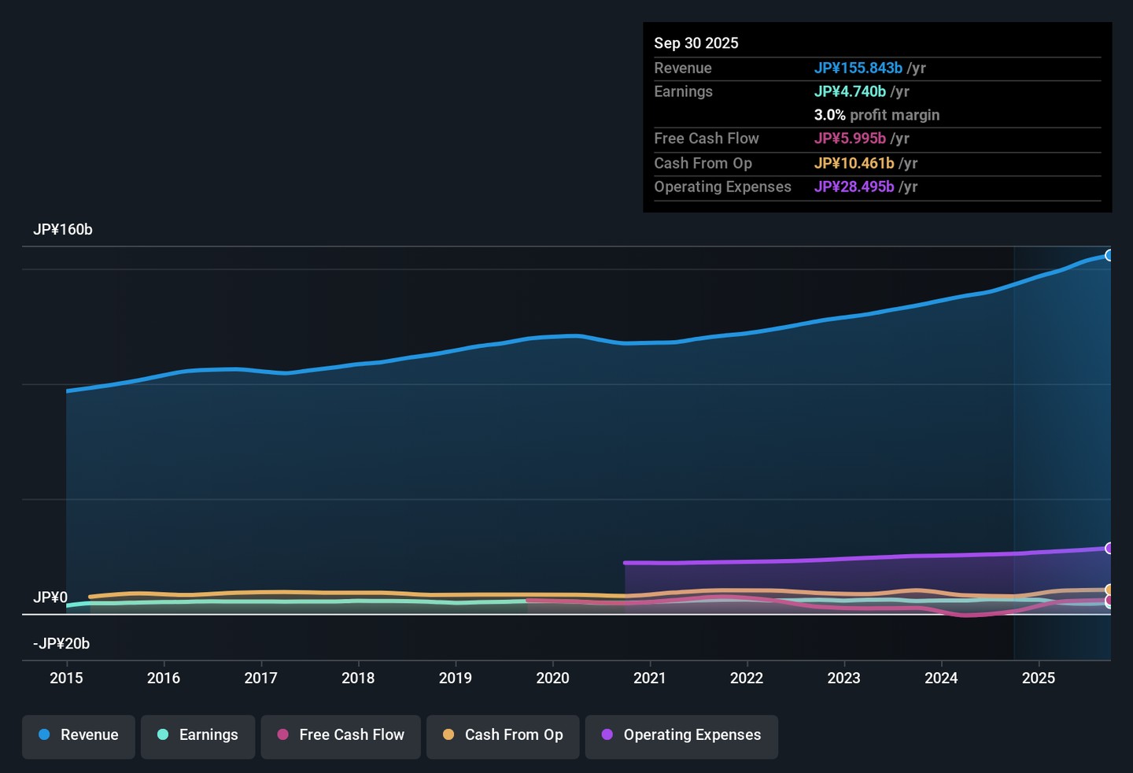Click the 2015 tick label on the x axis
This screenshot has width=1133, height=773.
pos(66,678)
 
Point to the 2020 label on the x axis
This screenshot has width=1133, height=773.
pos(553,678)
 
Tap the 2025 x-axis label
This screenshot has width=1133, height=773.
pos(1039,678)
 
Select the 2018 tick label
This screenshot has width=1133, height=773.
pos(358,678)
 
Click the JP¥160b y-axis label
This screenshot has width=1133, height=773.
pos(63,230)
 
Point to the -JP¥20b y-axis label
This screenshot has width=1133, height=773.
pos(61,643)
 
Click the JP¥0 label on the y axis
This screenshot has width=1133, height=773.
pos(50,597)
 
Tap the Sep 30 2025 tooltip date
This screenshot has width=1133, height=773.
pos(696,43)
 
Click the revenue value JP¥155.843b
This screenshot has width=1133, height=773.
pos(858,68)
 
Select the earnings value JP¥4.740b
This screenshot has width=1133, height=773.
pos(850,91)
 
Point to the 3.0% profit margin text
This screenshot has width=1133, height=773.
pos(877,116)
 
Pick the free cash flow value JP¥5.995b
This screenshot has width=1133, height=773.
pos(850,138)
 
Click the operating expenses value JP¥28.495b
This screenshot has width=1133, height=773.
pos(854,187)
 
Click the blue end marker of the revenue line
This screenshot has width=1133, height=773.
pos(1108,256)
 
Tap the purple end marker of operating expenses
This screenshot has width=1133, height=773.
pos(1108,549)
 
